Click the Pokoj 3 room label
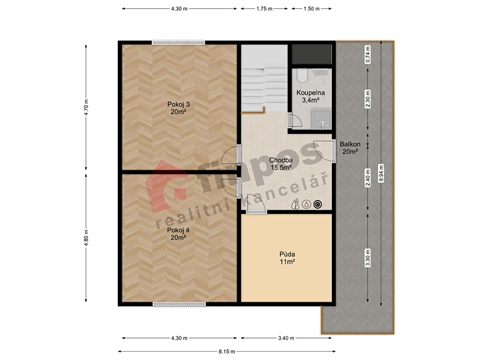178,108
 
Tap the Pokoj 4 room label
178,234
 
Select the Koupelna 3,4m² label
311,96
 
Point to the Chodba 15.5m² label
281,163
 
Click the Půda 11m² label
287,258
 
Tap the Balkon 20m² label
350,148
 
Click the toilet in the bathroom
302,76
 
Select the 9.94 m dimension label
381,174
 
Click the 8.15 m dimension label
227,352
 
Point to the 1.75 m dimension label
264,9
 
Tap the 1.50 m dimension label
311,9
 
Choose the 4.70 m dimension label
87,108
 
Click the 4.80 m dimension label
87,238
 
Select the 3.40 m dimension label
286,338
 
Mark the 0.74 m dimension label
368,54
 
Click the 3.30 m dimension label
368,258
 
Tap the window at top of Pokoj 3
178,42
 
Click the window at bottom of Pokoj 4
179,304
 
